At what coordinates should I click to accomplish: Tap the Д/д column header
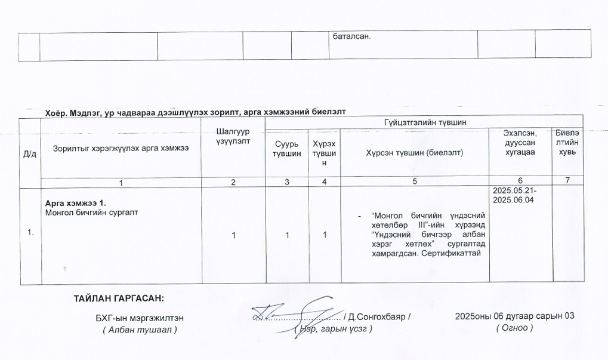pyautogui.click(x=29, y=153)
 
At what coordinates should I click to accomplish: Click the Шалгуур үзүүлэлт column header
pyautogui.click(x=233, y=136)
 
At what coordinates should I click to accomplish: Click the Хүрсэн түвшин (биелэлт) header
pyautogui.click(x=414, y=153)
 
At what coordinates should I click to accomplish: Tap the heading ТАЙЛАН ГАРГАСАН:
pyautogui.click(x=119, y=298)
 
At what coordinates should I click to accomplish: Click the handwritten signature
pyautogui.click(x=298, y=313)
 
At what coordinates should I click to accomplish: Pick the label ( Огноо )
pyautogui.click(x=514, y=328)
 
